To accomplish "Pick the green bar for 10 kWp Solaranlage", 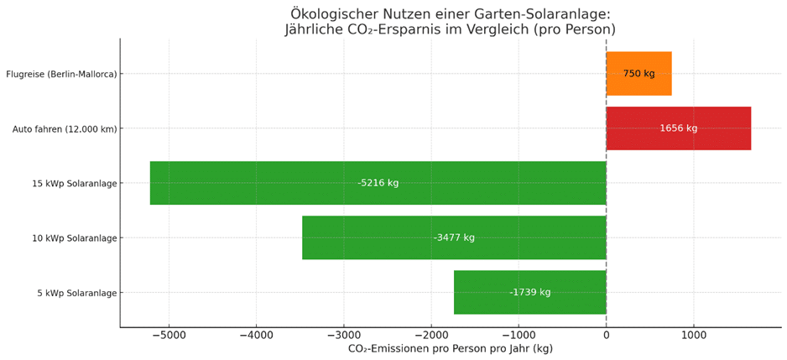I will pyautogui.click(x=369, y=237).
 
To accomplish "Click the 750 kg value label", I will pyautogui.click(x=638, y=74).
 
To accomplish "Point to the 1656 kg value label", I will pyautogui.click(x=678, y=128).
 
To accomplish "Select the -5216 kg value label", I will pyautogui.click(x=378, y=183).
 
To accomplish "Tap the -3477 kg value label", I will pyautogui.click(x=454, y=237).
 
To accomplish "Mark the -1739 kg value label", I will pyautogui.click(x=529, y=292).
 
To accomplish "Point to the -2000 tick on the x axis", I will pyautogui.click(x=430, y=335).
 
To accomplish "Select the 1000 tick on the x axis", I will pyautogui.click(x=693, y=335).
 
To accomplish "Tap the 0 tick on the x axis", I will pyautogui.click(x=606, y=335).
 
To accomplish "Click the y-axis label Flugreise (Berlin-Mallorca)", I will pyautogui.click(x=61, y=74).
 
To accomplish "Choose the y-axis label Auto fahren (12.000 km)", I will pyautogui.click(x=65, y=128).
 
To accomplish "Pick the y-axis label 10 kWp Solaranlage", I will pyautogui.click(x=74, y=237).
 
